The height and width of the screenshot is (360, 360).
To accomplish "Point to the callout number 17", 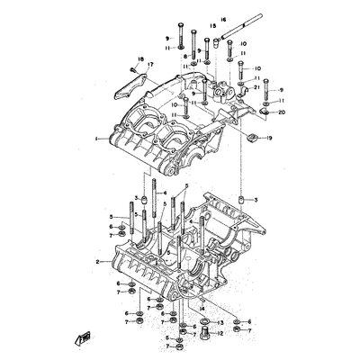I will tap(150, 65).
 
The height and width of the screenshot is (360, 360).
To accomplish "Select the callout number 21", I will tap(256, 86).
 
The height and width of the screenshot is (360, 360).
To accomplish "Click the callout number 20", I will tap(283, 114).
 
